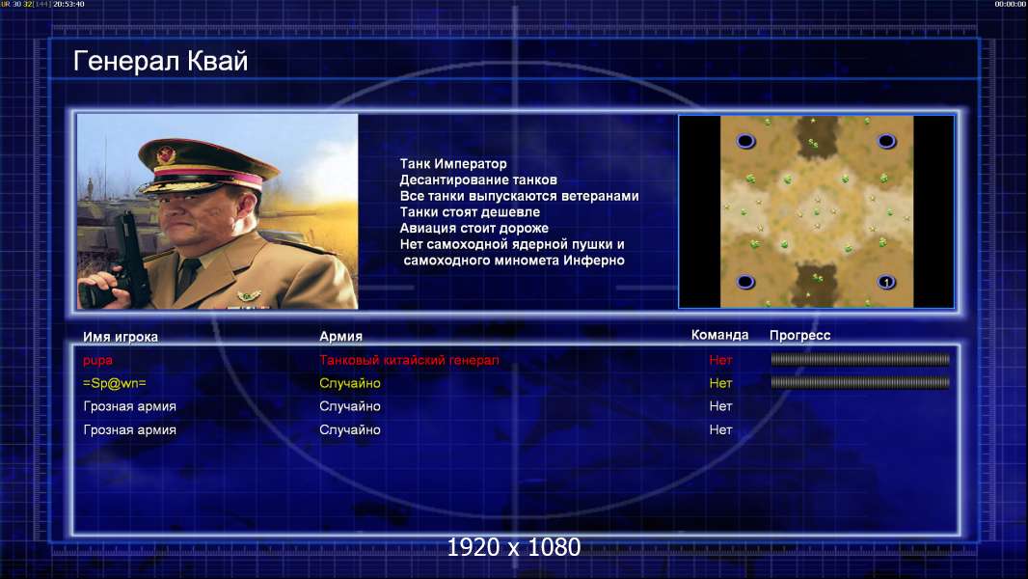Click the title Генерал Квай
pos(161,61)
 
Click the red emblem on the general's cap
pos(167,154)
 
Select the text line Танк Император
pos(453,164)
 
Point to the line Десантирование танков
pos(478,179)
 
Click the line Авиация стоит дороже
pos(474,228)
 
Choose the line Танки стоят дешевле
pos(470,211)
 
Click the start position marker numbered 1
pos(886,283)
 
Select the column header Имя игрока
pos(121,337)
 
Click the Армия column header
pos(341,337)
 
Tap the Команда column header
pos(719,335)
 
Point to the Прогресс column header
pos(799,336)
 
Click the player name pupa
pos(97,361)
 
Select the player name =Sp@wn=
pos(115,384)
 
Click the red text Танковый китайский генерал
pos(409,360)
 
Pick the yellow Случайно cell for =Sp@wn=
pos(350,384)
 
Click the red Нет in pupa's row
pos(720,360)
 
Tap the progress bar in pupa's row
pos(860,359)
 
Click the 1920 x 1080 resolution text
pos(514,547)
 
